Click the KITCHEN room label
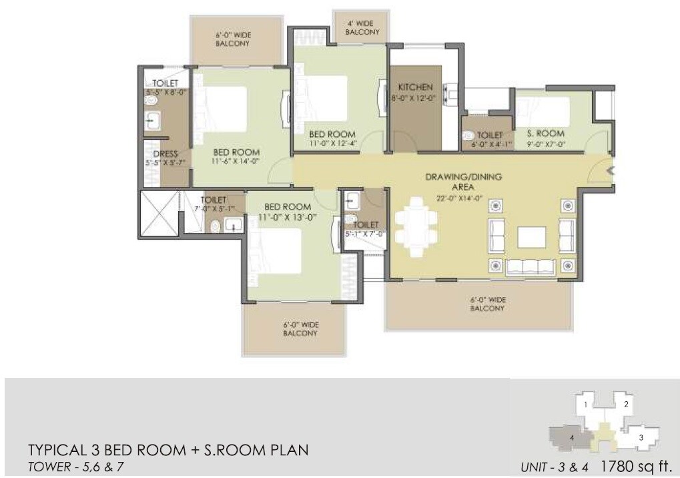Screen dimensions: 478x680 point(416,87)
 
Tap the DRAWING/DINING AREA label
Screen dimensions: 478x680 point(464,182)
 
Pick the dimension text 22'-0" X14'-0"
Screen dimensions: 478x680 point(463,198)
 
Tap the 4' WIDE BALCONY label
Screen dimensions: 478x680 point(362,27)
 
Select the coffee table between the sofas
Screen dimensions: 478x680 point(531,236)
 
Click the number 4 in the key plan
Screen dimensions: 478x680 point(572,438)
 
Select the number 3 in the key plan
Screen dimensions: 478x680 point(641,438)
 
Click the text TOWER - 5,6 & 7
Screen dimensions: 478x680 point(75,467)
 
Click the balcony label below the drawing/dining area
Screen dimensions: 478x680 point(487,304)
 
